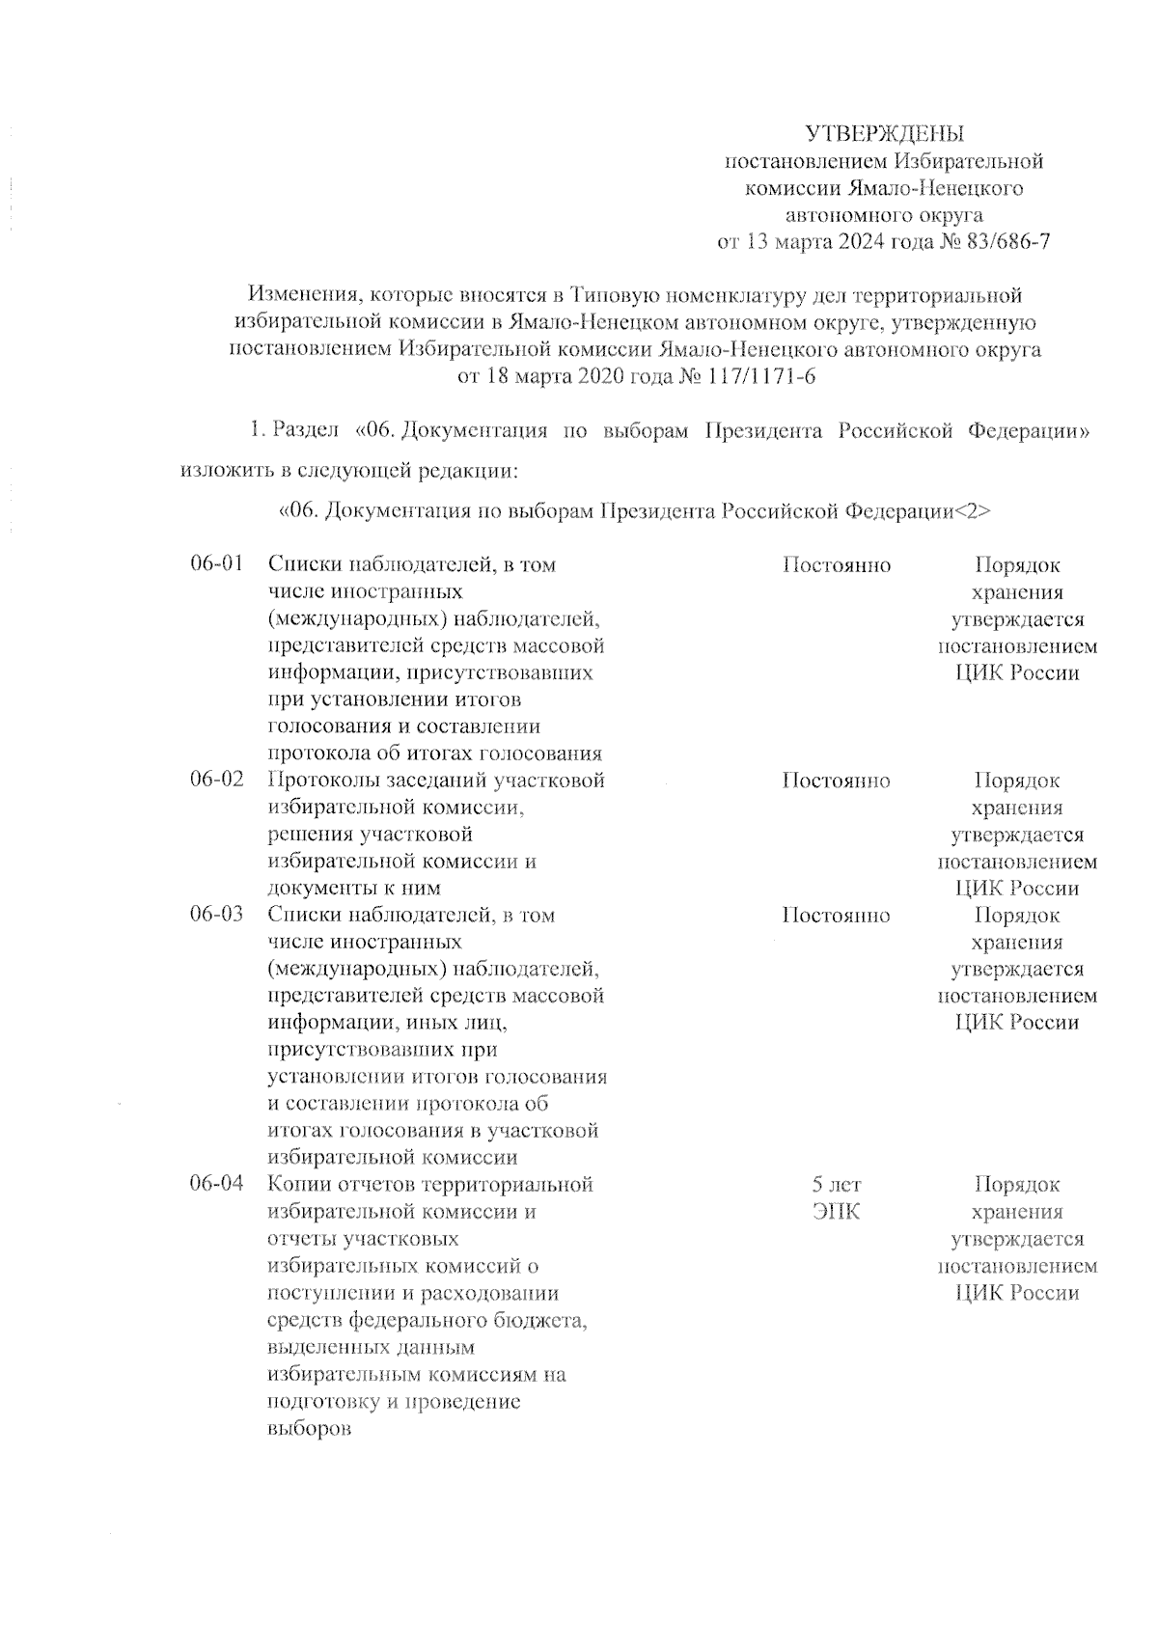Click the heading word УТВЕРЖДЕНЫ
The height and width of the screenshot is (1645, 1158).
coord(885,133)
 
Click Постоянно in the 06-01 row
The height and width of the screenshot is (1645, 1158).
coord(836,565)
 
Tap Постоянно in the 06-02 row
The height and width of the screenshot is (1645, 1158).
coord(836,780)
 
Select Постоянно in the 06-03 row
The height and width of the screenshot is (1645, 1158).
coord(836,915)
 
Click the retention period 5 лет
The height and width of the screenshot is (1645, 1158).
coord(836,1185)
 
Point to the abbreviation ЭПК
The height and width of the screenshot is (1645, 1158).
coord(836,1212)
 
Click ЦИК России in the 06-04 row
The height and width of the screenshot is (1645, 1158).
coord(1017,1293)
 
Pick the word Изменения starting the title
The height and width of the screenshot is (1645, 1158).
coord(302,294)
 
